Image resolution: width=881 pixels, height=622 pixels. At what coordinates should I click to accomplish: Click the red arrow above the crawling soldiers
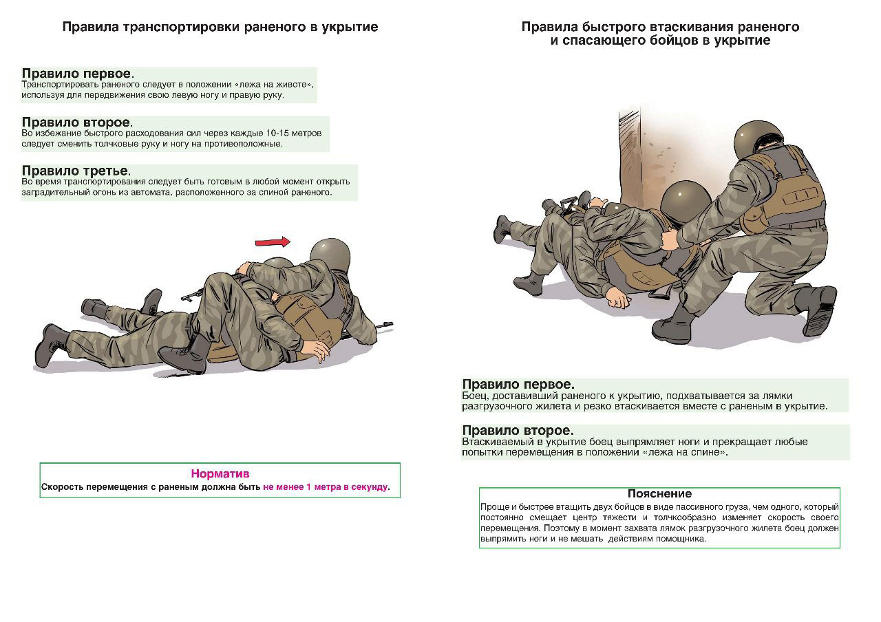tap(273, 242)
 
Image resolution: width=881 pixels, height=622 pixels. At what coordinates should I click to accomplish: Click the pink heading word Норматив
tap(220, 473)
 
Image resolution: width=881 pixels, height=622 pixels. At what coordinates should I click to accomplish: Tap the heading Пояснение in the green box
tap(659, 493)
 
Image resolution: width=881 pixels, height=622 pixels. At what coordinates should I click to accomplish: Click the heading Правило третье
tap(76, 171)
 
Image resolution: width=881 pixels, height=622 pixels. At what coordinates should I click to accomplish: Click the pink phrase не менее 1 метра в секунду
tap(325, 486)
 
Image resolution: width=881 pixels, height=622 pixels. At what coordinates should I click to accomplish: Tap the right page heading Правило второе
tap(518, 431)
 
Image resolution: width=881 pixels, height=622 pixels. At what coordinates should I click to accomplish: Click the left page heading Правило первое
tap(76, 74)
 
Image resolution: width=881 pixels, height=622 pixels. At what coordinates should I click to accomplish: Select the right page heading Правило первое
tap(518, 384)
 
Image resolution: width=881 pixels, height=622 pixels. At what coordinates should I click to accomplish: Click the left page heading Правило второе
tap(76, 122)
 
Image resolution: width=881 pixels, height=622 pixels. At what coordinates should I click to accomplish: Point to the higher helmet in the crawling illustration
tap(330, 253)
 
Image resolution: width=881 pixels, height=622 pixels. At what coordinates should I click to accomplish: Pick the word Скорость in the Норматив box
tap(63, 486)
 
